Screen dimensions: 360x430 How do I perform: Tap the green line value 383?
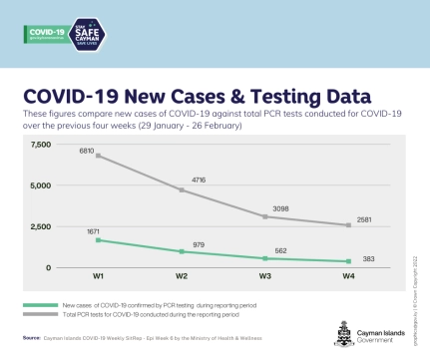369,257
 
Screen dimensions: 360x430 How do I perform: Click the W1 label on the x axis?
97,277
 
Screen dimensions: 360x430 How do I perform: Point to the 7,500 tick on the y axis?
41,146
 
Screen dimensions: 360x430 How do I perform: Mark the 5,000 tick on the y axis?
41,185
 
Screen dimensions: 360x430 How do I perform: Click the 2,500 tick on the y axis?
41,226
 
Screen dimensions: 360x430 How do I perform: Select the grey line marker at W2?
182,189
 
